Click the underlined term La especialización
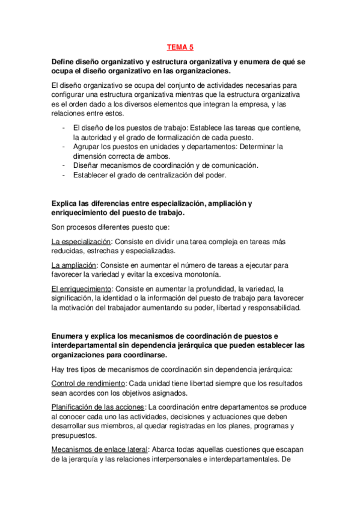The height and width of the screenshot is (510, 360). point(77,241)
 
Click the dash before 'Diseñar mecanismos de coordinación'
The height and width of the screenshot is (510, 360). point(64,165)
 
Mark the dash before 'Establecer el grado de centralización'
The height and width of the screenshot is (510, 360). point(64,174)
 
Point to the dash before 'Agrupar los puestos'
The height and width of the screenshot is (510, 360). point(64,146)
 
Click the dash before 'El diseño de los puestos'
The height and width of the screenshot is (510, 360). point(64,127)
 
